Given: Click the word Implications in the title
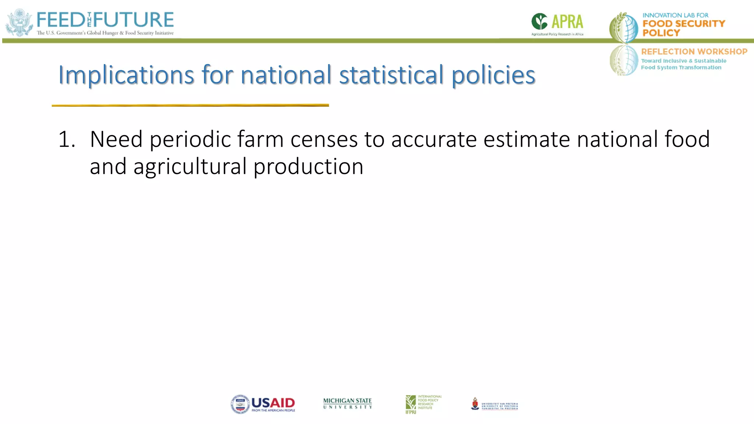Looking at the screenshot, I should point(126,75).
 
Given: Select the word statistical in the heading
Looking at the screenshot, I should point(391,75).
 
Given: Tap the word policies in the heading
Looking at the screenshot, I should point(493,75).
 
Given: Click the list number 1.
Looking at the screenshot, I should point(67,139).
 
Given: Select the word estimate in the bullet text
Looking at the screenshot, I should point(526,139).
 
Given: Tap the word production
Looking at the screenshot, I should point(308,167).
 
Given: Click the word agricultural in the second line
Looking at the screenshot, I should point(190,167).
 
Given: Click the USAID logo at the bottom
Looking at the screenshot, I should point(263,404).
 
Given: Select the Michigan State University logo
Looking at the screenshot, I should point(347,403).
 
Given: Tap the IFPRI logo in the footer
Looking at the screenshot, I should point(423,404).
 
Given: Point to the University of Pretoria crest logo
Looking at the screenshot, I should point(475,404).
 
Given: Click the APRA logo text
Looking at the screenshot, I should point(567,22).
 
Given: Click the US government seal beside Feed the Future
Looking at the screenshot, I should point(20,23).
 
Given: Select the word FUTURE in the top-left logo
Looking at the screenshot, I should point(133,20).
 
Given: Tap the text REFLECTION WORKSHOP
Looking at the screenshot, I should point(694,52).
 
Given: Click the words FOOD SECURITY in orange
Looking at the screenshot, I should point(683,24).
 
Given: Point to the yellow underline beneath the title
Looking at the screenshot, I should point(190,106).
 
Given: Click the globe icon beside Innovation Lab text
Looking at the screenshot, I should point(624,28).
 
